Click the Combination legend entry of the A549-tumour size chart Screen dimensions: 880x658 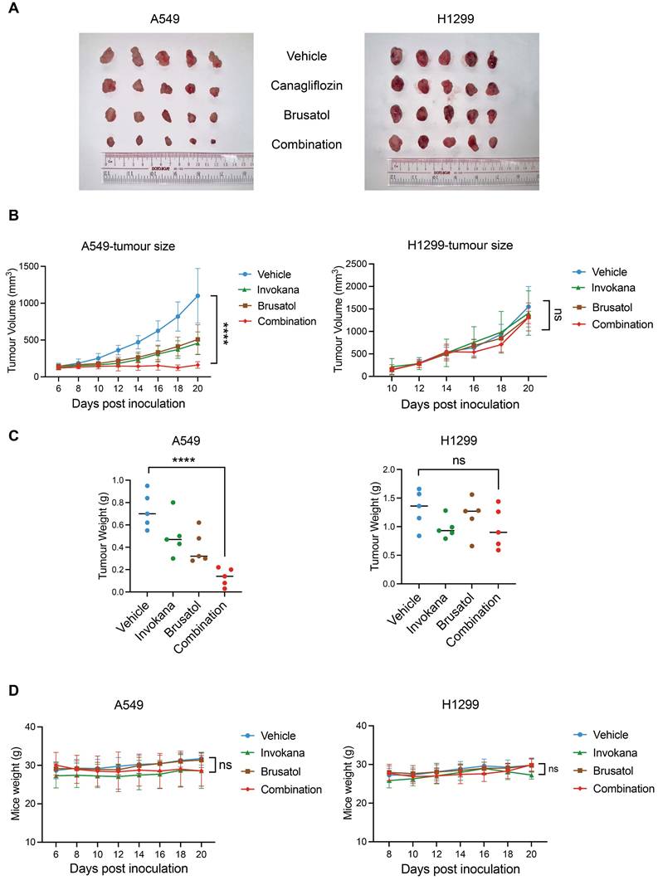285,321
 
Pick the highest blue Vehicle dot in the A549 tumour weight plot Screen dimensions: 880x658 148,486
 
